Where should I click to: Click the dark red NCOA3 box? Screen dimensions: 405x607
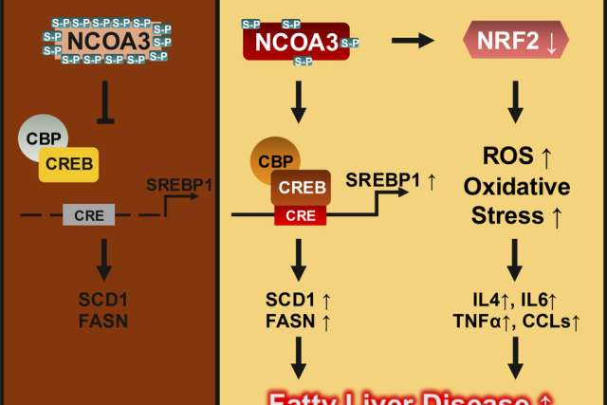296,43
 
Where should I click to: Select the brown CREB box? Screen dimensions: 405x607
302,187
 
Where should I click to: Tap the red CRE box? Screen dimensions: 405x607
301,215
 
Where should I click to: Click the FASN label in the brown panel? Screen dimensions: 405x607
103,321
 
